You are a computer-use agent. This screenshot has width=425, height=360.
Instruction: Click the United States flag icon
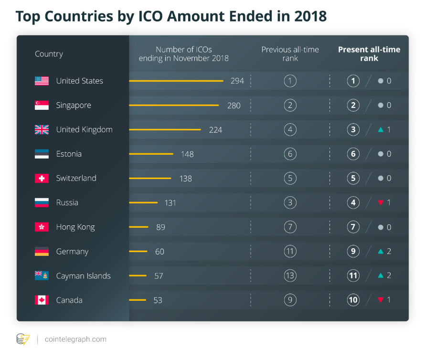click(42, 81)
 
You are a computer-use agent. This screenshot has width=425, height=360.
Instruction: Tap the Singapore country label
click(74, 105)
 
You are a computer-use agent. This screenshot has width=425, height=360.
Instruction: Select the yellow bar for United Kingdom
click(165, 129)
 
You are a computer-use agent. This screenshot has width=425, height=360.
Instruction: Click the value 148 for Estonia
click(187, 154)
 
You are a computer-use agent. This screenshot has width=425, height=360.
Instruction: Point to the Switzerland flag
click(42, 178)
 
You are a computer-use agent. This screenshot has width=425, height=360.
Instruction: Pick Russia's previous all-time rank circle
click(290, 202)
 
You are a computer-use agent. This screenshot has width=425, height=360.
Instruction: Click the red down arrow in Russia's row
click(381, 202)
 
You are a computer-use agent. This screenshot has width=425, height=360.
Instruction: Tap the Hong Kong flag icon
click(42, 227)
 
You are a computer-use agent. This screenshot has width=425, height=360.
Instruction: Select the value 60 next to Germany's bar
click(159, 251)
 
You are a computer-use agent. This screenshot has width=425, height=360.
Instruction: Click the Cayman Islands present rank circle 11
click(353, 275)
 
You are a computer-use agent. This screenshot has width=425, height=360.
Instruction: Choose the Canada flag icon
click(42, 300)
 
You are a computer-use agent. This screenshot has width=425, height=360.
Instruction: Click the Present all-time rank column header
click(369, 53)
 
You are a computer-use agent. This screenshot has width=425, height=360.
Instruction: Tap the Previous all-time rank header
click(290, 53)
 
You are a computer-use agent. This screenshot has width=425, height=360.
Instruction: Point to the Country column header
click(49, 53)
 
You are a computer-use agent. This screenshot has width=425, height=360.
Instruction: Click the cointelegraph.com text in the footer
click(75, 339)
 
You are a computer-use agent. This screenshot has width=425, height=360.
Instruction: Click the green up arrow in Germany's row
click(381, 251)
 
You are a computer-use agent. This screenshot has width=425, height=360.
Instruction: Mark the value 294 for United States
click(237, 81)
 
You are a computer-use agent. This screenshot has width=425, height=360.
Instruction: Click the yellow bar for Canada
click(138, 300)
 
